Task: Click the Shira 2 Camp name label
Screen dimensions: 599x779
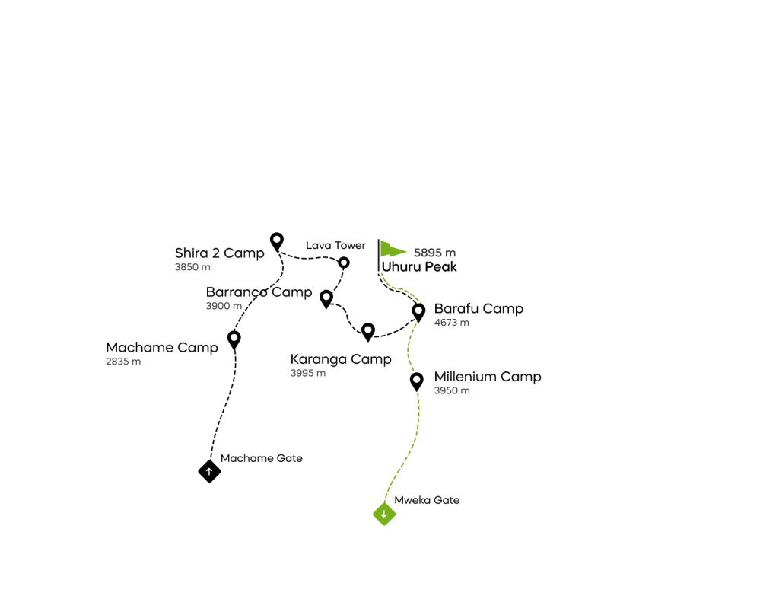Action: click(x=219, y=253)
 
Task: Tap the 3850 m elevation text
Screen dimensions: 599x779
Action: click(x=192, y=268)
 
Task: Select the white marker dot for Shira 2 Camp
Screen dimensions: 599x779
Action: click(x=277, y=239)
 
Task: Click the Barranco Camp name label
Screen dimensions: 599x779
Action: click(x=259, y=292)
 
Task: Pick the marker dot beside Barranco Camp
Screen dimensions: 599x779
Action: click(x=326, y=296)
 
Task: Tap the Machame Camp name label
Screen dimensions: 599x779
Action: click(x=161, y=347)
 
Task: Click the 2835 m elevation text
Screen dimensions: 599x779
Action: click(x=123, y=362)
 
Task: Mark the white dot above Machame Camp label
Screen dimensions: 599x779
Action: click(x=234, y=337)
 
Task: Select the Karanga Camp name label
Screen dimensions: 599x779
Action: click(x=341, y=359)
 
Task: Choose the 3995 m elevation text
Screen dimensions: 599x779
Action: click(x=307, y=374)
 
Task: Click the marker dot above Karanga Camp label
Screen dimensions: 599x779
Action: click(x=367, y=330)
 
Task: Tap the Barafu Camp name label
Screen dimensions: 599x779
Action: click(x=479, y=309)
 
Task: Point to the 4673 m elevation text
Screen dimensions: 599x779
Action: click(x=451, y=323)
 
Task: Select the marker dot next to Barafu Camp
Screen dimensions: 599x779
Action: click(x=418, y=310)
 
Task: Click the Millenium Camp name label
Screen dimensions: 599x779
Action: click(x=488, y=377)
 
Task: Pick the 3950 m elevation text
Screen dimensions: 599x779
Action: click(x=452, y=391)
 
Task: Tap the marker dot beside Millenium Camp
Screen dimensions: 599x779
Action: click(x=416, y=379)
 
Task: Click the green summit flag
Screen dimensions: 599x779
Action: click(x=391, y=250)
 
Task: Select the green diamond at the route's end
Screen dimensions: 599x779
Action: click(x=384, y=515)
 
